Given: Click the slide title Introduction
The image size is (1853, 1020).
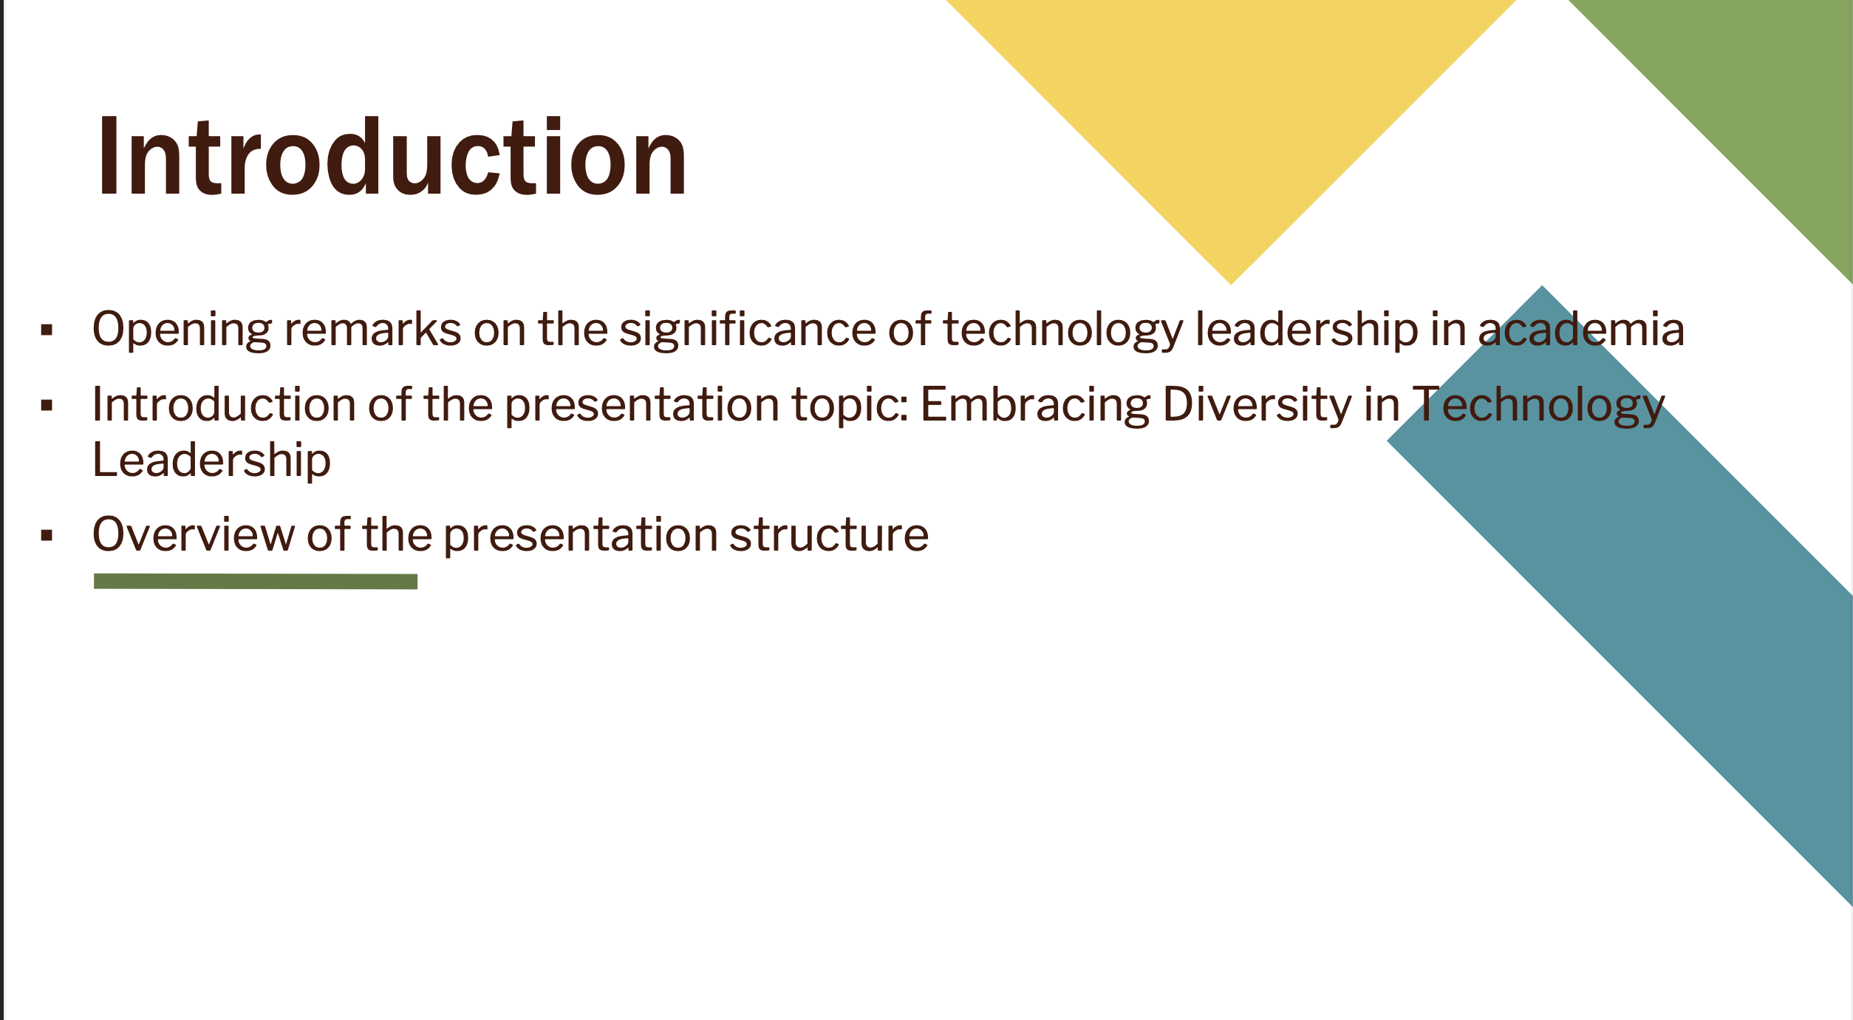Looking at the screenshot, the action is point(392,157).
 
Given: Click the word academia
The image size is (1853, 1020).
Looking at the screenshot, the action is point(1580,329).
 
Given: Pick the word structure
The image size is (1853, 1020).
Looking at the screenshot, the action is point(829,535).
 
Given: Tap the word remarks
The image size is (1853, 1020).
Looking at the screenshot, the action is point(372,329).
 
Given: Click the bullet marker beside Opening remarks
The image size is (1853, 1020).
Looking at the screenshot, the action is point(47,330).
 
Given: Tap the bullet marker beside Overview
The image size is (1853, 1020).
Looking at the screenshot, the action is point(47,536).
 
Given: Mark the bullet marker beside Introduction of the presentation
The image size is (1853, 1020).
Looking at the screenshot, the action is point(47,405).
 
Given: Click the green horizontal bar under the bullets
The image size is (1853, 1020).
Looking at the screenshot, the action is point(256,582).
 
